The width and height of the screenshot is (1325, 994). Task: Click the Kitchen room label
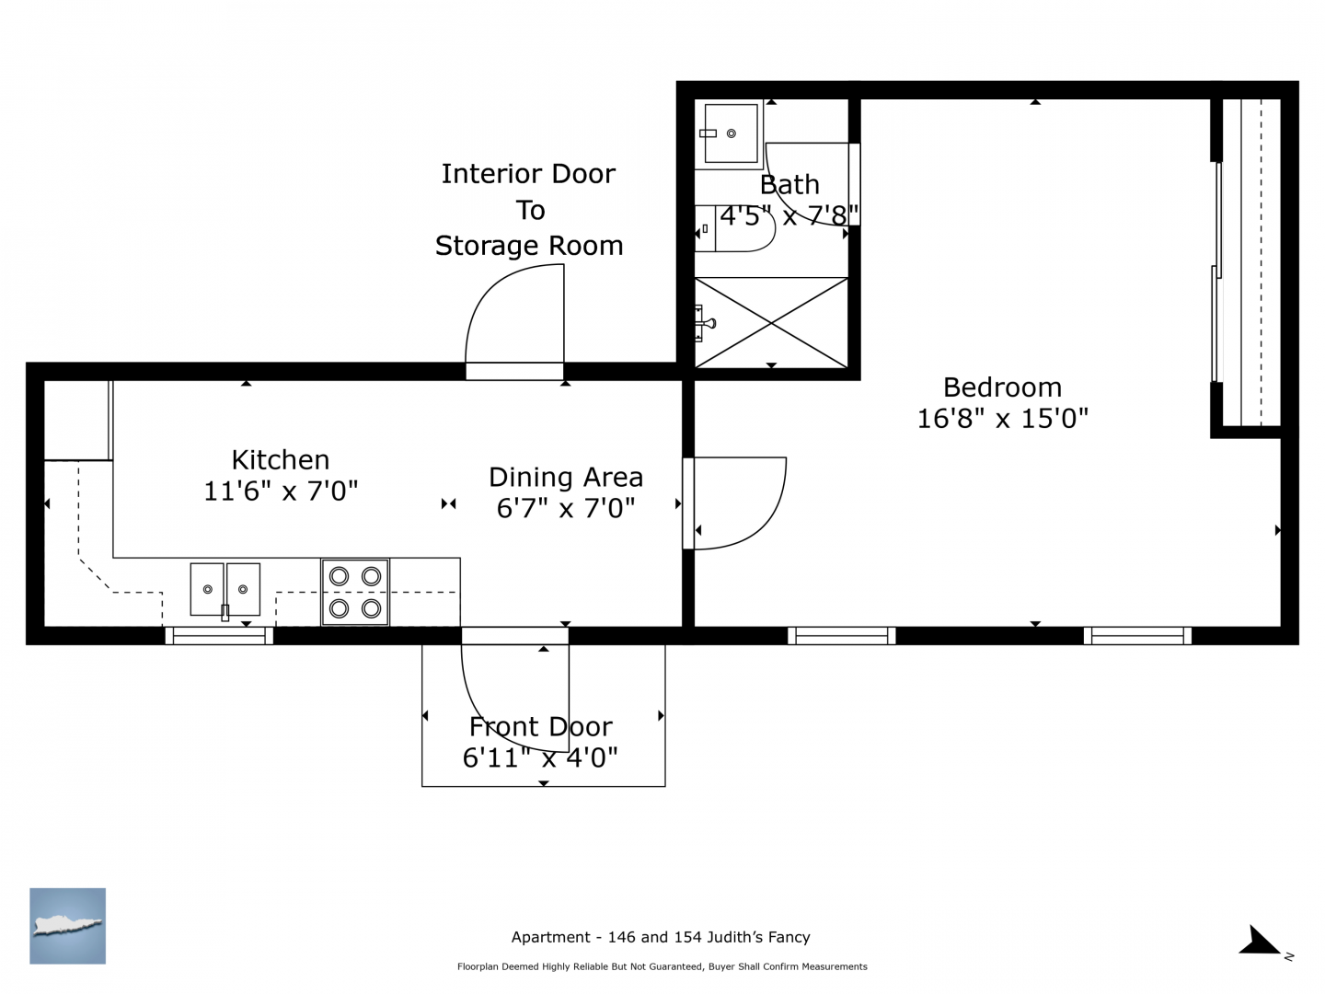tap(281, 460)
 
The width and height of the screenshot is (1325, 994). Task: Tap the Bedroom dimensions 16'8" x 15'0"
tap(1003, 418)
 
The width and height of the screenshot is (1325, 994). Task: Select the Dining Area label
tap(566, 478)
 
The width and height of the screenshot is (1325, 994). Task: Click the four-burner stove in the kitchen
tap(355, 592)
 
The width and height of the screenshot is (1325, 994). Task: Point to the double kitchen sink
tap(225, 590)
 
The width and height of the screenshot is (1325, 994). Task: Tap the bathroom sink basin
tap(731, 133)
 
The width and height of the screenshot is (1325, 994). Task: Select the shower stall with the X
tap(771, 323)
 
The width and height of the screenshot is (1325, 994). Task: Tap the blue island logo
tap(67, 926)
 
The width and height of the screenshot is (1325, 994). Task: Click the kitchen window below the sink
tap(219, 636)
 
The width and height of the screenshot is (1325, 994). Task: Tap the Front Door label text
tap(541, 727)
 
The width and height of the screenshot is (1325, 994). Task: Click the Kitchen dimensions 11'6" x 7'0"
tap(281, 491)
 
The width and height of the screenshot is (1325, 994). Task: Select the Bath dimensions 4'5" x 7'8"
tap(789, 215)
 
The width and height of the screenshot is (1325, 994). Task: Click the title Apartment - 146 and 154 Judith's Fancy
tap(661, 937)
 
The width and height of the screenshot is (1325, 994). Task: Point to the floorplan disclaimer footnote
tap(662, 966)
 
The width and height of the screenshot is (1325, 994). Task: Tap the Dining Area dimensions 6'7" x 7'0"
tap(566, 508)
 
